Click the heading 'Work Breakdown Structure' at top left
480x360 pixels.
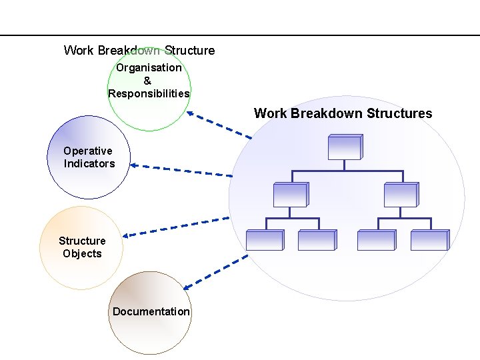(139, 50)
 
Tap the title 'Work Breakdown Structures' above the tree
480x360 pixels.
(343, 113)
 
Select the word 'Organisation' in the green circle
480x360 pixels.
(149, 67)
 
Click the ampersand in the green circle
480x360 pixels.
(147, 81)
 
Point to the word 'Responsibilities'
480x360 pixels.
(149, 93)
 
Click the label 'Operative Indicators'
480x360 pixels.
(89, 157)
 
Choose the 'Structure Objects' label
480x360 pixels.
(82, 247)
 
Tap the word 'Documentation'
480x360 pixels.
(151, 311)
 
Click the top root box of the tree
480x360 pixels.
(345, 147)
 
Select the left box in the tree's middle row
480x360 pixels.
(290, 194)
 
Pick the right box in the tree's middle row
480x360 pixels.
(401, 194)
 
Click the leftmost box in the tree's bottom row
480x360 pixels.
(265, 240)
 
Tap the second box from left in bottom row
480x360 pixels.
(316, 240)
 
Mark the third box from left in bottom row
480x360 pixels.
(376, 240)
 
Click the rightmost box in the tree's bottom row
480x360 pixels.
(429, 240)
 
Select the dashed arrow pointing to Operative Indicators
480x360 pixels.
(181, 170)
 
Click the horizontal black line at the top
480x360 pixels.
(240, 35)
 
